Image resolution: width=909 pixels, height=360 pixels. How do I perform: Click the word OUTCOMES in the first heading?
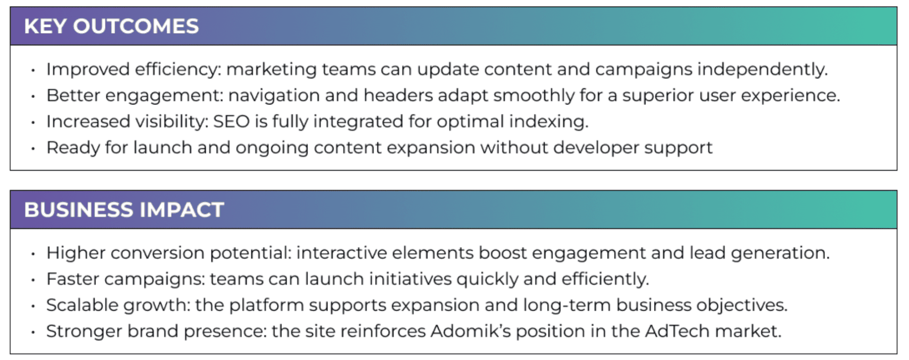tap(136, 26)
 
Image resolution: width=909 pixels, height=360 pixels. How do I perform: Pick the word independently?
tap(763, 70)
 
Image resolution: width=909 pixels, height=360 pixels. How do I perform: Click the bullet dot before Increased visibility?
tap(33, 123)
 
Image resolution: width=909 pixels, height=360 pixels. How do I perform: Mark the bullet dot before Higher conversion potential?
tap(33, 254)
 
